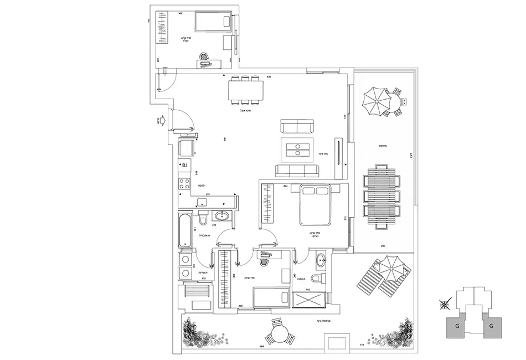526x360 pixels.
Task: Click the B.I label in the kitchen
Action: pos(185,165)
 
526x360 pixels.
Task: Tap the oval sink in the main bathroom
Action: pos(224,215)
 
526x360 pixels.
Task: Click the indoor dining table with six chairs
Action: pos(246,90)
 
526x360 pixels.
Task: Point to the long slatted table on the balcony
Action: pos(381,196)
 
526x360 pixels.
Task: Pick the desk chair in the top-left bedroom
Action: pos(204,57)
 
